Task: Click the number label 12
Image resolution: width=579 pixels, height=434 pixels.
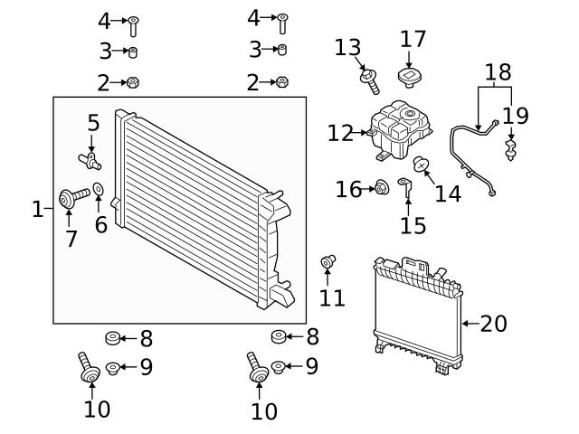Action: [x=340, y=133]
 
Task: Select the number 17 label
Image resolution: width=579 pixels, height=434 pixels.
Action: [x=413, y=40]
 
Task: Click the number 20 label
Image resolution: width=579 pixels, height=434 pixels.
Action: [x=494, y=323]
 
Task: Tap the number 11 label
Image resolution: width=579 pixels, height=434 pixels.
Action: [x=332, y=297]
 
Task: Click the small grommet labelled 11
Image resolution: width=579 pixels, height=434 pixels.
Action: [x=329, y=263]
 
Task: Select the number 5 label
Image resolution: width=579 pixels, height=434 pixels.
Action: [x=93, y=121]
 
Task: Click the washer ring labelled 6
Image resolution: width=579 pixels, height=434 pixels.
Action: [x=99, y=192]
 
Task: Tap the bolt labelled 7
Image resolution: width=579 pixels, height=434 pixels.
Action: [x=71, y=196]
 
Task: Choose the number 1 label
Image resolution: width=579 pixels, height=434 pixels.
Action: [x=37, y=210]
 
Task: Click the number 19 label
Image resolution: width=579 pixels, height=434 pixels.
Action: [x=516, y=116]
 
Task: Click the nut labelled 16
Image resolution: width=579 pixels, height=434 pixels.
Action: [x=381, y=188]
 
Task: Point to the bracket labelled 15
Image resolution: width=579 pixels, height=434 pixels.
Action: [x=407, y=190]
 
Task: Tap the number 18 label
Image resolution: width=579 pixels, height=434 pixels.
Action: [x=498, y=71]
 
